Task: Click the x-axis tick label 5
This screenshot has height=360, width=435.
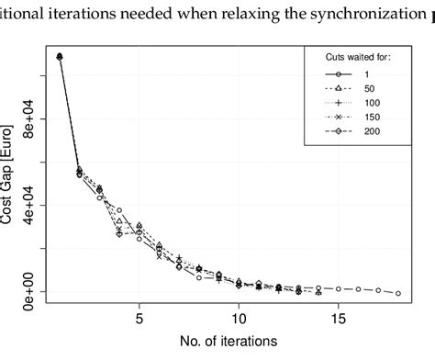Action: [139, 321]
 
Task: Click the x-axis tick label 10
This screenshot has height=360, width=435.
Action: [239, 321]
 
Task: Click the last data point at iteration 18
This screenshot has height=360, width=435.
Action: [398, 293]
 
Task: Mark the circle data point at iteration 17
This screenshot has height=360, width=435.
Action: [378, 290]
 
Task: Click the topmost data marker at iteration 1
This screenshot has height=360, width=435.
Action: [60, 56]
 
